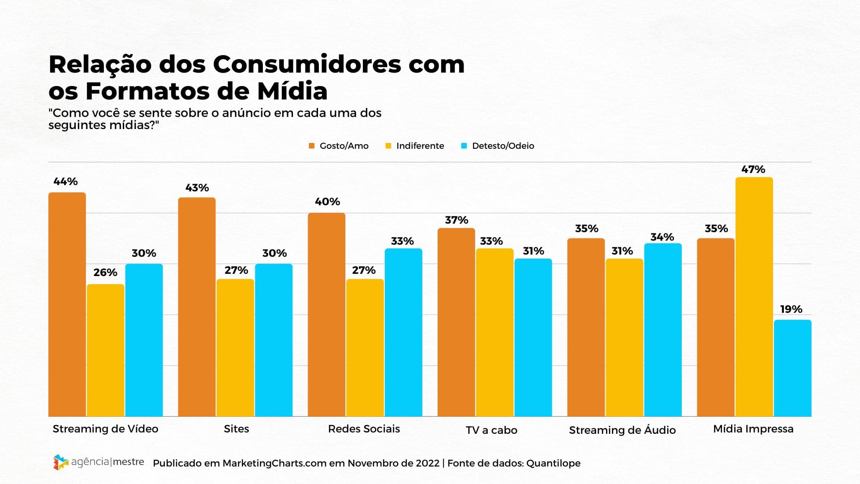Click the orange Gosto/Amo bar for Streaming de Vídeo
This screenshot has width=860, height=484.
pos(67,305)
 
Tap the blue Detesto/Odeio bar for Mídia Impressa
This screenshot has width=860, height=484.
pos(792,368)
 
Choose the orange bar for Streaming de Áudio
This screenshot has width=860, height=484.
pos(586,327)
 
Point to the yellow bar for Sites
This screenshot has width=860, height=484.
pos(235,348)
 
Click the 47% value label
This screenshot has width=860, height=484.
pos(753,169)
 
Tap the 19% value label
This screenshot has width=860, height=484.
pos(791,309)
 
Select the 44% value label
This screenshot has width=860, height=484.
pos(65,181)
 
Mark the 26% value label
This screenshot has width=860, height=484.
pos(105,272)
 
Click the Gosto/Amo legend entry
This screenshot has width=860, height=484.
pos(339,146)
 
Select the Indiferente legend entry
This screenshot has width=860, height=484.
pos(415,146)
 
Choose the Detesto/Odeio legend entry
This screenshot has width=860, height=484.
pos(498,146)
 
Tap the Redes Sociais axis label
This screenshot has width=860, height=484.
pos(364,429)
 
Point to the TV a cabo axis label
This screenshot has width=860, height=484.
pos(491,430)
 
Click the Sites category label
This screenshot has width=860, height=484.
pos(236,429)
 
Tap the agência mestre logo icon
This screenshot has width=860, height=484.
pos(60,462)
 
